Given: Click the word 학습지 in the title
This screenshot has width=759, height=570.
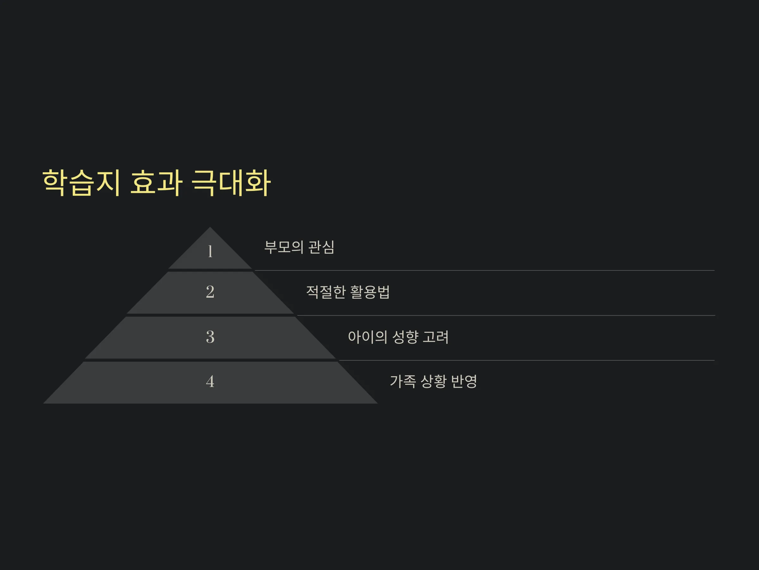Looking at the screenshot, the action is pos(81,183).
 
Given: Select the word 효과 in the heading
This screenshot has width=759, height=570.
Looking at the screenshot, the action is pos(156,183).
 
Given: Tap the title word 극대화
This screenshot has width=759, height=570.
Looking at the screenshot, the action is pos(231,183).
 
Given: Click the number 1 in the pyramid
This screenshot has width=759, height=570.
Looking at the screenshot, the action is pos(210,251).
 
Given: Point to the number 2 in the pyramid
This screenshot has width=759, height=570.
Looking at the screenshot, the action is pos(210,292).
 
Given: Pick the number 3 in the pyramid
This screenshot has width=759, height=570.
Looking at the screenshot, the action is pos(210,337).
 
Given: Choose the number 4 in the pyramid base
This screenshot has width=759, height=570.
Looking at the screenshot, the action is pos(210,381).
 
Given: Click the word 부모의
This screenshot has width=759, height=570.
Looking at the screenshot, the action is pos(284,247).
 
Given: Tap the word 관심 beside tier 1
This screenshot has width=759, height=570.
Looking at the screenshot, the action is pos(321,247).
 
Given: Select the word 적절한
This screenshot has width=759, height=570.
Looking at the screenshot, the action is pos(326,292).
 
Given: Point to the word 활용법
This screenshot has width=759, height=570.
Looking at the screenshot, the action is pos(370,292).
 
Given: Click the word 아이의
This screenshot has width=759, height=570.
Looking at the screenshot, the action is pos(367,337).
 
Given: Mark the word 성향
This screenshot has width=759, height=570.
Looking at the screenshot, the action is pos(405,337).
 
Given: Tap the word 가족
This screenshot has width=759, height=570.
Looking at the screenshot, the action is pos(403,381).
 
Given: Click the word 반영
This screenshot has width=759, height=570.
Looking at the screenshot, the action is pos(464,381).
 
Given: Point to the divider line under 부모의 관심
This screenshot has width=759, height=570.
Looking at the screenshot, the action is pos(484,270).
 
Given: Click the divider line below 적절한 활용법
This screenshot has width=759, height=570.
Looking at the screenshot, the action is pos(506,315).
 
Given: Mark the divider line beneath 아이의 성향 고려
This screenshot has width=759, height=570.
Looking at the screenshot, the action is pos(527,360).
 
